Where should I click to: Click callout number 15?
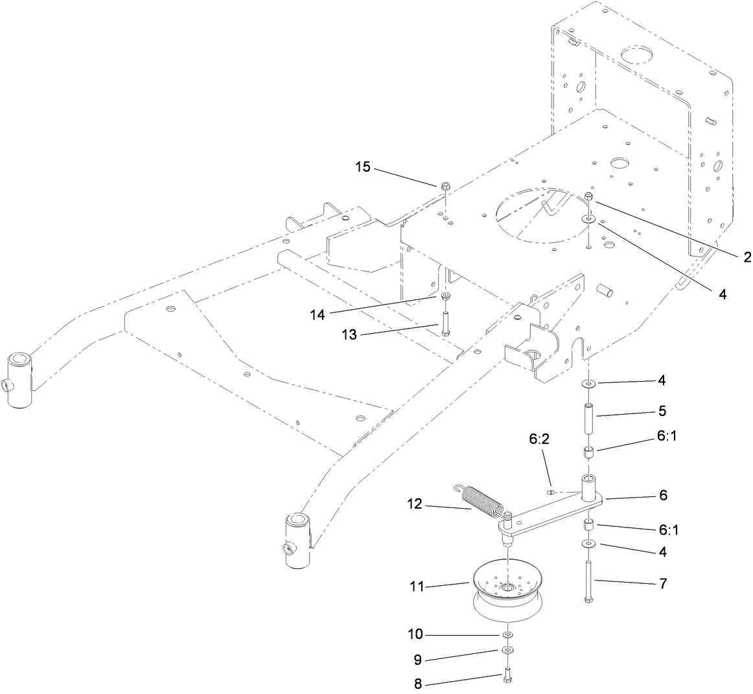362,167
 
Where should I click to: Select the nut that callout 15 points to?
445,188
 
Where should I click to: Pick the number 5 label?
662,411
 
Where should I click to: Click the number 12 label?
415,503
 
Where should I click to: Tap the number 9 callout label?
418,660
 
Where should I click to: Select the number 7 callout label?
662,583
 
